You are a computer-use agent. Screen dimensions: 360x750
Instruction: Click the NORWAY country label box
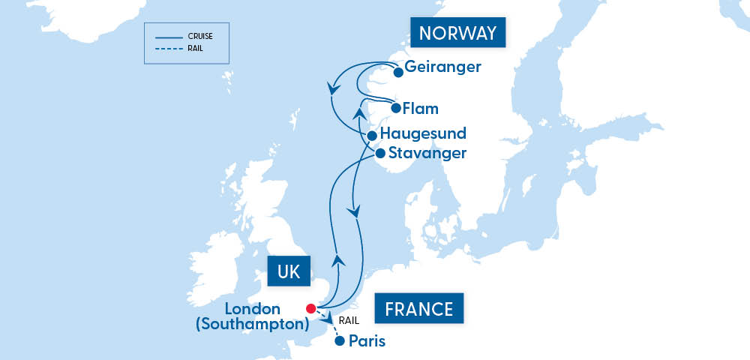(x=457, y=34)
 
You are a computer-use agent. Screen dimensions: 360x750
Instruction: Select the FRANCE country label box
(x=418, y=309)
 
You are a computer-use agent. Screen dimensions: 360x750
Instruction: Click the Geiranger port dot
(x=398, y=73)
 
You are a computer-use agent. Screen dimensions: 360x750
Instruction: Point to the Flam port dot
(x=395, y=108)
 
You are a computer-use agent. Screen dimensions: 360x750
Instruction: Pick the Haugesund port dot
(x=371, y=136)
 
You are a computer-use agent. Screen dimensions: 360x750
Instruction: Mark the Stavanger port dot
(x=379, y=154)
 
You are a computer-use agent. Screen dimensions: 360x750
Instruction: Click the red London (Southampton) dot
(x=310, y=308)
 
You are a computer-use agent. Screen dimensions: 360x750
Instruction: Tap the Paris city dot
(x=339, y=341)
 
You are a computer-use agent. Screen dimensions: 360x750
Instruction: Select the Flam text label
(x=420, y=108)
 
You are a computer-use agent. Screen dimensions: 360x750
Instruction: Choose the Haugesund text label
(x=423, y=133)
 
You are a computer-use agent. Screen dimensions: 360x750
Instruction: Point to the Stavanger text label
(x=427, y=153)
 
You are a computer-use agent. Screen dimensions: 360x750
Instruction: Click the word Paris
(x=367, y=341)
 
